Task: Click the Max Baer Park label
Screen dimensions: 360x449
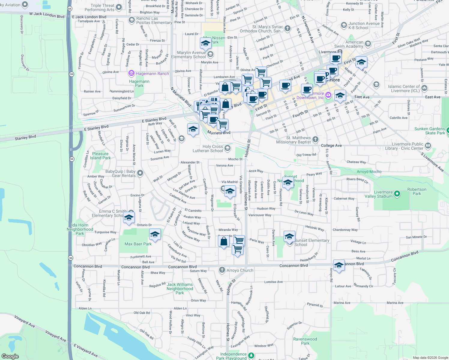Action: point(138,244)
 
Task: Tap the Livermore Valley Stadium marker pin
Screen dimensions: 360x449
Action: point(397,194)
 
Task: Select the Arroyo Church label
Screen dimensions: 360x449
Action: point(240,270)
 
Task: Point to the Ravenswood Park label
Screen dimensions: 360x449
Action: point(305,341)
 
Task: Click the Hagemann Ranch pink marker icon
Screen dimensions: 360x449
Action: point(131,73)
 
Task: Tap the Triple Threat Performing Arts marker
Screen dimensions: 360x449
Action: point(119,7)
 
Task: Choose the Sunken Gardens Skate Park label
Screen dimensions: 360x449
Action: point(429,131)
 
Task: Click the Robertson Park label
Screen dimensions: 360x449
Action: point(417,191)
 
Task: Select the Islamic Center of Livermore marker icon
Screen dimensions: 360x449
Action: point(424,88)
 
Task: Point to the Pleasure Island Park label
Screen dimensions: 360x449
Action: point(100,156)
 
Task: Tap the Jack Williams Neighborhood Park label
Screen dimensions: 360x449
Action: point(180,289)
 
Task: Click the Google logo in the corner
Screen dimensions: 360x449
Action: point(10,356)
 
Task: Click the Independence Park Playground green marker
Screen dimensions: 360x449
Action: point(251,356)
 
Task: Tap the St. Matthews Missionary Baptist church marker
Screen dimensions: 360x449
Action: point(315,139)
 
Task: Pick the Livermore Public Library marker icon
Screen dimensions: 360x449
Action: point(428,146)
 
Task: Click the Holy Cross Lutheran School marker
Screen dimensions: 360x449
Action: point(228,148)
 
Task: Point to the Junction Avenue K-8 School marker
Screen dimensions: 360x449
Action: point(344,25)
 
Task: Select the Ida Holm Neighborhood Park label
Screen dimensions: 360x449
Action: point(80,229)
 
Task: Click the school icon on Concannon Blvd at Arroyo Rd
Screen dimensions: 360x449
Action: point(339,265)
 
